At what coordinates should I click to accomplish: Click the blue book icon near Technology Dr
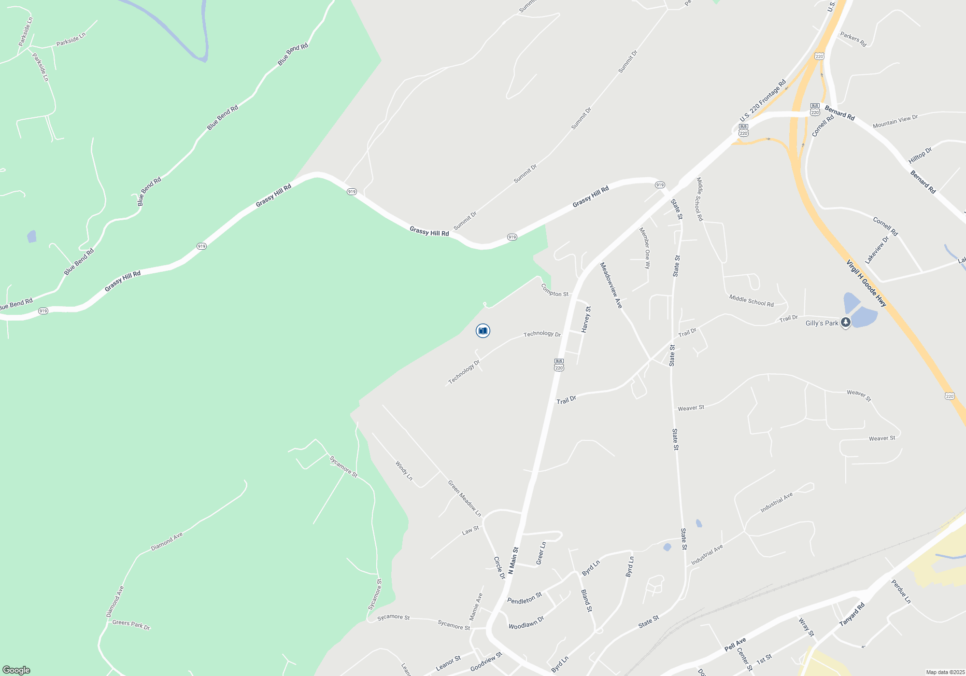coord(483,331)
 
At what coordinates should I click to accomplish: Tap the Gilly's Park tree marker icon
coord(845,322)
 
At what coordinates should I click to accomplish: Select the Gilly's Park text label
coord(822,324)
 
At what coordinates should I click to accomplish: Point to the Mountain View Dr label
coord(895,121)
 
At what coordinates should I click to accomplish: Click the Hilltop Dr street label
coord(920,155)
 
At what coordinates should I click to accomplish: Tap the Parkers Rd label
coord(853,39)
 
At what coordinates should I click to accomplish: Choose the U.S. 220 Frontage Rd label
coord(763,101)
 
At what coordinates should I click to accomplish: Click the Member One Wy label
coord(645,248)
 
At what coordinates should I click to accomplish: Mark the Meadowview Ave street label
coord(611,285)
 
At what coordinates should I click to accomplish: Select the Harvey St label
coord(586,319)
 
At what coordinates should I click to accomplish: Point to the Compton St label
coord(554,290)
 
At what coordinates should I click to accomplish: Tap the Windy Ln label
coord(404,471)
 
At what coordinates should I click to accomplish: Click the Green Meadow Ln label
coord(464,498)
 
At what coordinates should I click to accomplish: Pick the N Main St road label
coord(513,561)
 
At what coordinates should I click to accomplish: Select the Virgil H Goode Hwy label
coord(866,283)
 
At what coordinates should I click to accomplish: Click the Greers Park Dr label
coord(131,625)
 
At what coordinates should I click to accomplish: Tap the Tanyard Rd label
coord(852,615)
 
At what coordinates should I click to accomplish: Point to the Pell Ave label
coord(735,644)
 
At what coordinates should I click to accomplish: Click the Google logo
coord(16,670)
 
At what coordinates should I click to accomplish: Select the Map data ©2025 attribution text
coord(945,672)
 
